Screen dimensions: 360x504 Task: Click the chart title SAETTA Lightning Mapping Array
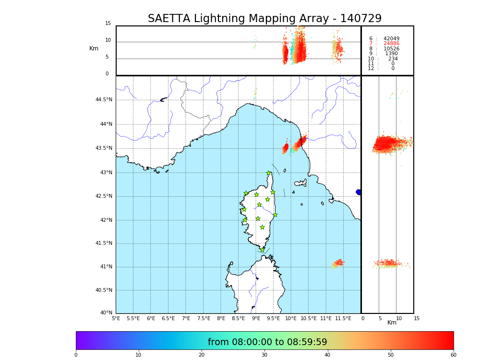tap(264, 19)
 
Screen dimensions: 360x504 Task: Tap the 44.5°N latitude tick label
tap(104, 100)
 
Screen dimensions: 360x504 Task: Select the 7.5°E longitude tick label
tap(204, 318)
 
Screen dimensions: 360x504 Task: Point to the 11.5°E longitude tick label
tap(343, 318)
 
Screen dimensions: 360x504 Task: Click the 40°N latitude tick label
tap(106, 313)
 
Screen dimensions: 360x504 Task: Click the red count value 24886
tap(391, 44)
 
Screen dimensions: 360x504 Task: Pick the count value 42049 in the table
tap(391, 39)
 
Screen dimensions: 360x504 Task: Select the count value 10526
tap(391, 49)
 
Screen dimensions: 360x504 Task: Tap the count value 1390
tap(391, 54)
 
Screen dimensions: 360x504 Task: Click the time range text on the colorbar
tap(267, 342)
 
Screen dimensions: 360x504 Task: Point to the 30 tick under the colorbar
tap(264, 355)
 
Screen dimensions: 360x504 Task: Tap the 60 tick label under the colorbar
tap(453, 355)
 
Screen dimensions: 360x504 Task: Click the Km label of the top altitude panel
tap(94, 48)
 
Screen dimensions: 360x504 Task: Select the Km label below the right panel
tap(392, 323)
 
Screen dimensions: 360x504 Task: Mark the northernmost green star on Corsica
tap(269, 173)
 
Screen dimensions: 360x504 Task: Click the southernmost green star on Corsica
tap(262, 250)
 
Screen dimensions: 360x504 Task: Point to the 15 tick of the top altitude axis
tap(108, 24)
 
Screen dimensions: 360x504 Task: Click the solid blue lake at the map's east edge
tap(359, 192)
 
